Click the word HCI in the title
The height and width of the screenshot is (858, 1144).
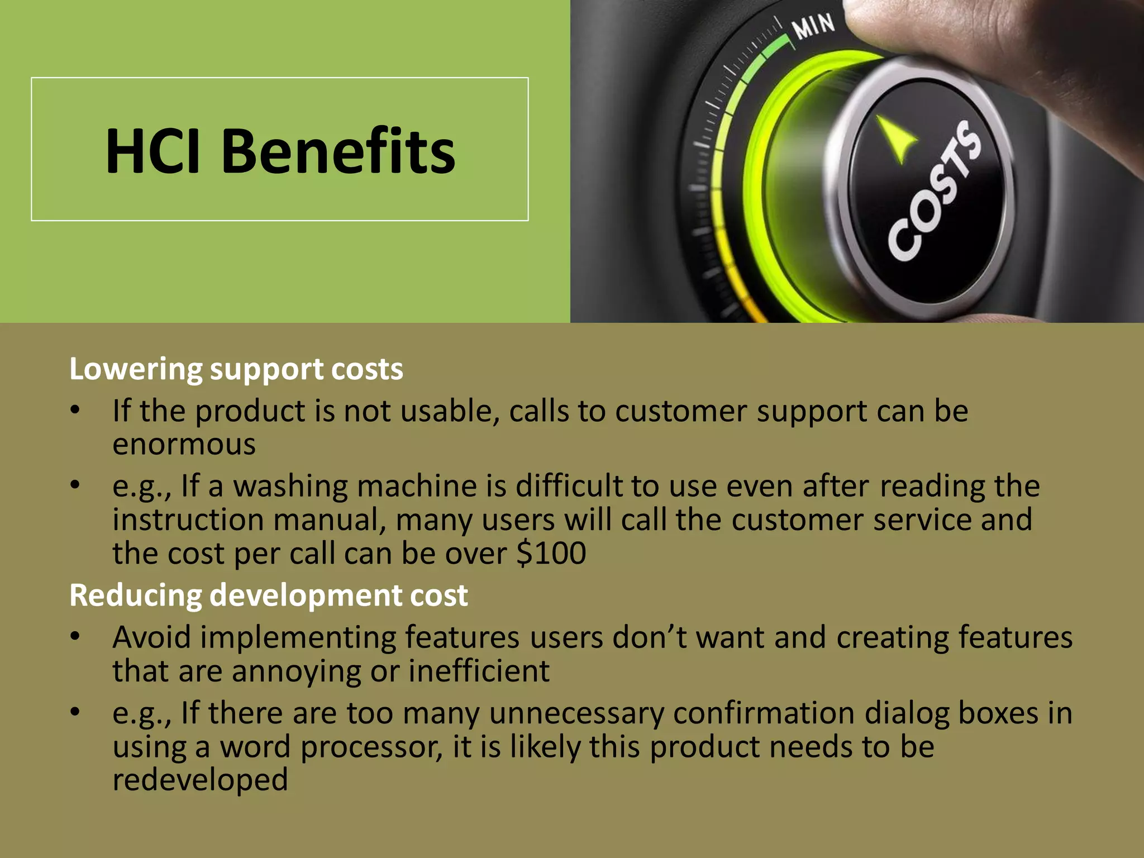point(152,151)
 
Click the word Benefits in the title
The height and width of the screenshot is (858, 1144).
point(338,151)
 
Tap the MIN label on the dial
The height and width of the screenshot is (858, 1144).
point(814,26)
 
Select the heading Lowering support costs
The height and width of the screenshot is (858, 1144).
point(236,369)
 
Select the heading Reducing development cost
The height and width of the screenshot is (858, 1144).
point(268,595)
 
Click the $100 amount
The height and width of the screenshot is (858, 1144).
point(551,553)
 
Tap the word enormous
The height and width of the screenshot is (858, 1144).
point(184,445)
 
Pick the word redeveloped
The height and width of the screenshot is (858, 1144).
point(200,780)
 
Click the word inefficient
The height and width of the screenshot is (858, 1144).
point(479,671)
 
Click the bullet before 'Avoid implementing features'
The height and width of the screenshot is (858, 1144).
point(75,636)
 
